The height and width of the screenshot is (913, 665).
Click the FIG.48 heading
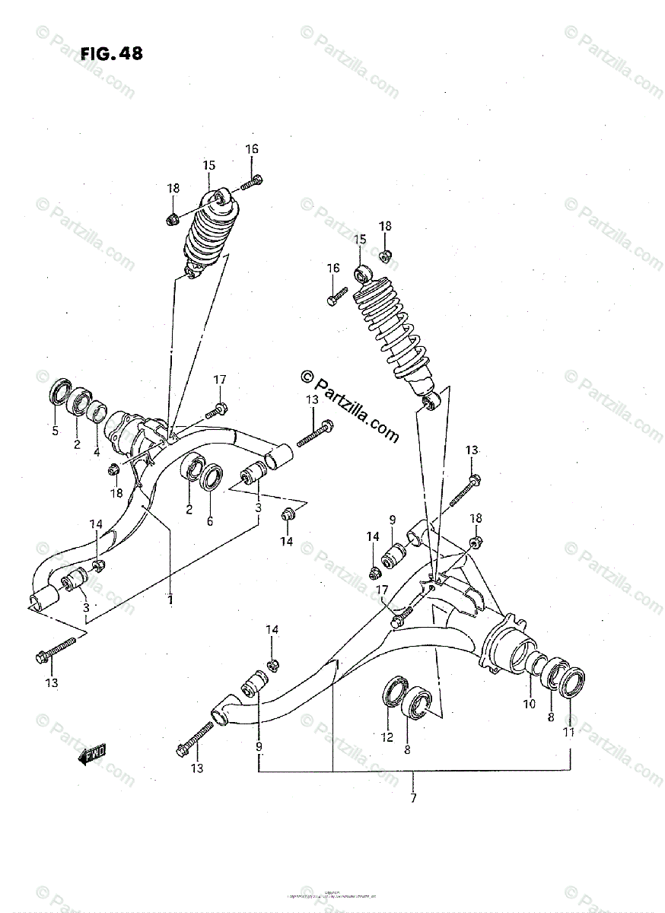111,54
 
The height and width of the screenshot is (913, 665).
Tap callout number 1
170,600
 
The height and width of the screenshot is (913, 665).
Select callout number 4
97,452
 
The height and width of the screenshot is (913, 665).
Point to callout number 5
55,431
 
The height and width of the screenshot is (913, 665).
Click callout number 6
210,521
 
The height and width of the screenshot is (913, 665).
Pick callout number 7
413,797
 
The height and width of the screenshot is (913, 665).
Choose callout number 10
529,704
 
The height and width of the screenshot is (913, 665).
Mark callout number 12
387,736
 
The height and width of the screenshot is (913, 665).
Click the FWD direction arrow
93,754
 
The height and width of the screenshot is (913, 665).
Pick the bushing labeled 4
96,412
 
